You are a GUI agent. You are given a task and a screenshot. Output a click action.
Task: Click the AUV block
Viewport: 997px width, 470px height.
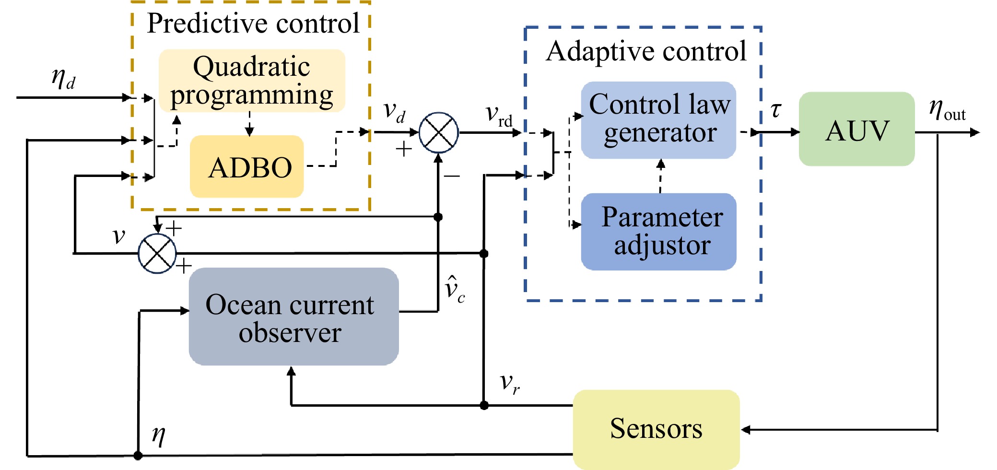pos(856,129)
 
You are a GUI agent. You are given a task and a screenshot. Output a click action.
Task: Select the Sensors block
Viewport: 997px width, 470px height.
pos(656,429)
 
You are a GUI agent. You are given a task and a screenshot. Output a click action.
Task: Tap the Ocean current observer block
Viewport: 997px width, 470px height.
pos(293,317)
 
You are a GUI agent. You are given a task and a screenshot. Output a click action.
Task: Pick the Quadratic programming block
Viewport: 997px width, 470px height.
pos(252,81)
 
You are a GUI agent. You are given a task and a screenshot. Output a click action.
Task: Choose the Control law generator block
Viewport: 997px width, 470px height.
pos(658,120)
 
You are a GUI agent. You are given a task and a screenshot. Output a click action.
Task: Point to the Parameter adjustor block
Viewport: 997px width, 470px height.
pos(658,232)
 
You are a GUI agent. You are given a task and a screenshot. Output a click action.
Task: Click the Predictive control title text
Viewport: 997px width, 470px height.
pos(253,23)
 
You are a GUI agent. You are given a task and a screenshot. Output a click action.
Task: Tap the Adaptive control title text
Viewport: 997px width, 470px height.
pos(646,51)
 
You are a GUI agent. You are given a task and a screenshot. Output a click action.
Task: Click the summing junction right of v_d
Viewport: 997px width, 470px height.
pos(438,133)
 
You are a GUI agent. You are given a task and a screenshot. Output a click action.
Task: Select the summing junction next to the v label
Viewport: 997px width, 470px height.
pos(157,253)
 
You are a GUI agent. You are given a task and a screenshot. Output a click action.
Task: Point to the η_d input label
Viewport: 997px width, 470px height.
pos(64,78)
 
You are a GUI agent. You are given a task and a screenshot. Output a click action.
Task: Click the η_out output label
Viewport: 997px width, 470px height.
pos(947,110)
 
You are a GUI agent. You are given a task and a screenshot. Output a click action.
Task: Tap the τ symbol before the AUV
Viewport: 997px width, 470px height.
pos(775,110)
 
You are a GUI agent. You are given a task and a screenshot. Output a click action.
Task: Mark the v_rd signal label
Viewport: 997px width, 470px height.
pos(499,115)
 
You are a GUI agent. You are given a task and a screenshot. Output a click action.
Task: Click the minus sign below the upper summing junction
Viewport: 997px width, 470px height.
pos(452,176)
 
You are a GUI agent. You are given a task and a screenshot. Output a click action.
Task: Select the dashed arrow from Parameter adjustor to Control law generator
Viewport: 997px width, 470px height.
pos(660,176)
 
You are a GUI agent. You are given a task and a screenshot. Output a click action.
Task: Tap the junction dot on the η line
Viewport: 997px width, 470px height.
pos(138,455)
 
